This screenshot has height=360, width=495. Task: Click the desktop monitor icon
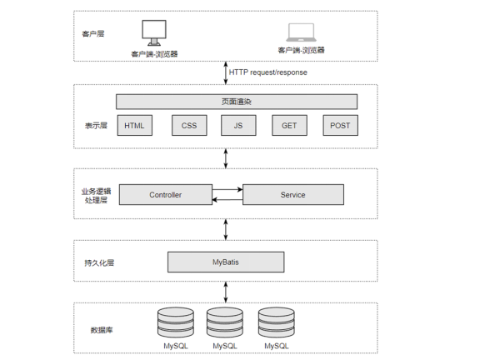coord(154,32)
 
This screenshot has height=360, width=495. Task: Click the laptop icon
coord(301,32)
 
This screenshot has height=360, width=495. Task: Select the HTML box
coord(135,125)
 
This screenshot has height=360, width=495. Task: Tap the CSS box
coord(189,125)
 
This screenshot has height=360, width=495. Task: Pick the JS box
coord(238,125)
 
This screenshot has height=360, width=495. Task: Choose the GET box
coord(289,125)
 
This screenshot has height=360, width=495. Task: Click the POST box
coord(340,125)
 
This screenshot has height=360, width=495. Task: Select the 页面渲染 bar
coord(237,102)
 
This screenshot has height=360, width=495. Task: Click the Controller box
coord(166,194)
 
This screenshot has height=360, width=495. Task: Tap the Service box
coord(293,194)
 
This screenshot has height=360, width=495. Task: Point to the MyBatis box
coord(226,262)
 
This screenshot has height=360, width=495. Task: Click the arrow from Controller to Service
coord(227,189)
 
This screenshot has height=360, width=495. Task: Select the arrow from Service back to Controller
coord(227,200)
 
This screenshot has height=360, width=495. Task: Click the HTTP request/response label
coord(268,72)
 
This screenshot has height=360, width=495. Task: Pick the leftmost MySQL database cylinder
coord(176,322)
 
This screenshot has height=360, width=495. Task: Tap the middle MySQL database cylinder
coord(225,322)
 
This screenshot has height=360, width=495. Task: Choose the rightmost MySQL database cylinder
coord(277,322)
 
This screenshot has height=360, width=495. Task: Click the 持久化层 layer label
coord(99,262)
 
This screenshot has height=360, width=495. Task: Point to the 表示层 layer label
coord(96,126)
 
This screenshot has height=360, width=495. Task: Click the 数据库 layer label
coord(102,330)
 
